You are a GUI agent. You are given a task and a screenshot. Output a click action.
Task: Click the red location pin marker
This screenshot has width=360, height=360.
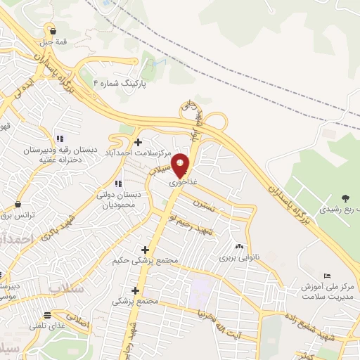(181, 165)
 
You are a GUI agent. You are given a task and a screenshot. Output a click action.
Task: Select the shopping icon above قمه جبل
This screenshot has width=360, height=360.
(53, 30)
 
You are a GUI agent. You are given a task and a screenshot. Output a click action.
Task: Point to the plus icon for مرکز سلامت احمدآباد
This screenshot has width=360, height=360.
(139, 142)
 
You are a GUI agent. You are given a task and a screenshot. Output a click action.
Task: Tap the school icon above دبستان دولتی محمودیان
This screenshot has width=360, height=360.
(127, 165)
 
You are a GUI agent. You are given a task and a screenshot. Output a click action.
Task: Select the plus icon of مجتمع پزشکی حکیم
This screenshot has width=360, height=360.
(146, 250)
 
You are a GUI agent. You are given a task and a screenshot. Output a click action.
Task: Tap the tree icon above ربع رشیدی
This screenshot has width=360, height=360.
(344, 199)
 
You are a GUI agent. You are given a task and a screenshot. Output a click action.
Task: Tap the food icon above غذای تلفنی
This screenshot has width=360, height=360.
(48, 315)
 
